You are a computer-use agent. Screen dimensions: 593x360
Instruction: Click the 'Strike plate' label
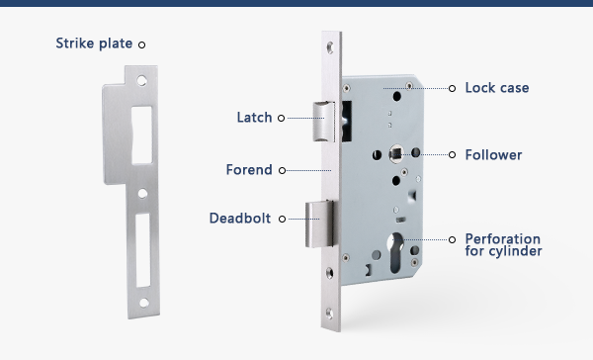[94, 44]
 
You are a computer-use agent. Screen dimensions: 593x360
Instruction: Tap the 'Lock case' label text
[497, 88]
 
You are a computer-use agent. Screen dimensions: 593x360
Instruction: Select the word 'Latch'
[254, 118]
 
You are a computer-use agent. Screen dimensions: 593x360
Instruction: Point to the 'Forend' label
[249, 169]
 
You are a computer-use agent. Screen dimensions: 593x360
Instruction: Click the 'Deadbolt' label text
[240, 218]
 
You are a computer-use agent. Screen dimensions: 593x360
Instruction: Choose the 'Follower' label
[493, 155]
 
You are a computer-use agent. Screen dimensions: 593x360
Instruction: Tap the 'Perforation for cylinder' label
[503, 245]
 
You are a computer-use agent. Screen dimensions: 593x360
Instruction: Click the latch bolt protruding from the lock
[324, 122]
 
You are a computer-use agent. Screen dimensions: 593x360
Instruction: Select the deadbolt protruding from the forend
[319, 224]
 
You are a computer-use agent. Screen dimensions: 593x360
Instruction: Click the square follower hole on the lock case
[395, 153]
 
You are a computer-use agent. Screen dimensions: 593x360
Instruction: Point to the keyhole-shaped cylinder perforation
[395, 252]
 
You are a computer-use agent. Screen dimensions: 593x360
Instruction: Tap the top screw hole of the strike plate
[141, 81]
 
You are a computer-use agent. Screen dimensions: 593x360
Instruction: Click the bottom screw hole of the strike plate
[144, 303]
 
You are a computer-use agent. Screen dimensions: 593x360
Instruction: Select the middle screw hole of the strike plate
[142, 194]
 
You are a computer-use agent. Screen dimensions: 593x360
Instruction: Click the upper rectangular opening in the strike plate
[141, 135]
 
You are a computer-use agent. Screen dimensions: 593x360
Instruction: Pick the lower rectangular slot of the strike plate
[143, 250]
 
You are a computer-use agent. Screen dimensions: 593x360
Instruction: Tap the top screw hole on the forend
[330, 47]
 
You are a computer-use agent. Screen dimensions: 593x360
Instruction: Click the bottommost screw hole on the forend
[329, 314]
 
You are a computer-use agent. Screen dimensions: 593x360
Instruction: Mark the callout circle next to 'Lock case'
[452, 89]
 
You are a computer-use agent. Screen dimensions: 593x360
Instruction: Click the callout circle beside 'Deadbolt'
[282, 219]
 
